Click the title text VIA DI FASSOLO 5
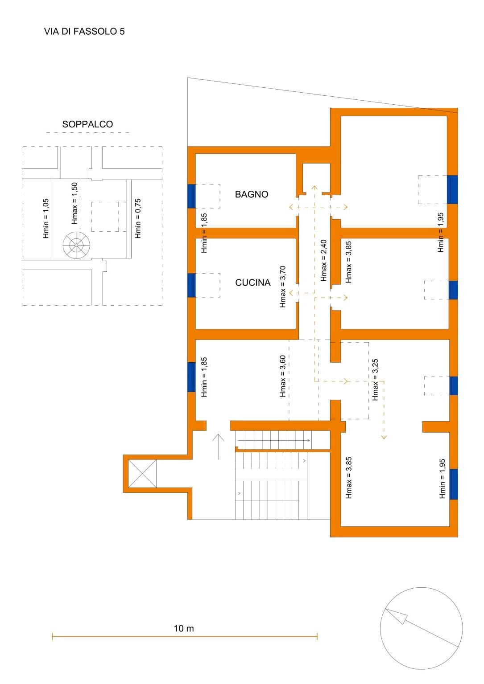[84, 31]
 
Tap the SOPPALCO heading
[87, 124]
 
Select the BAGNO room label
[252, 194]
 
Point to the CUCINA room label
[252, 283]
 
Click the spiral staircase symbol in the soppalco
[76, 245]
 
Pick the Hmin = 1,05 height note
[46, 218]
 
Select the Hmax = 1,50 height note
[74, 203]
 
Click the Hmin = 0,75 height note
[138, 218]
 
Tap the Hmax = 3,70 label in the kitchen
[282, 287]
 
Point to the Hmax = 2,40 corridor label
[324, 260]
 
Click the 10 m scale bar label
[184, 629]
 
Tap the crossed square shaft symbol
[142, 474]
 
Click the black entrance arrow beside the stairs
[218, 446]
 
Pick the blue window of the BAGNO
[191, 196]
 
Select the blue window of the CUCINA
[191, 285]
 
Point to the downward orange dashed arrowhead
[384, 437]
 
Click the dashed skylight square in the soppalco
[105, 217]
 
